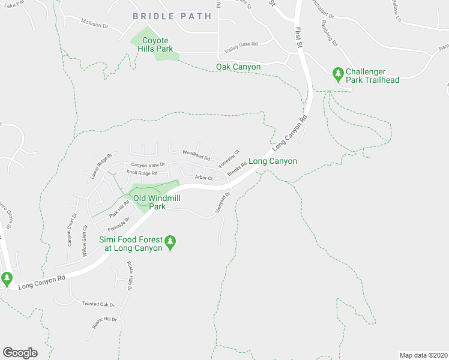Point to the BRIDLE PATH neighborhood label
(172, 16)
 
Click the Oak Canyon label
(238, 67)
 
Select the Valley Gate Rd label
(241, 44)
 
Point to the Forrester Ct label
(229, 159)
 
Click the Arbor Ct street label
(204, 178)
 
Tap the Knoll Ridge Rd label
(142, 173)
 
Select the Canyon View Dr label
(148, 164)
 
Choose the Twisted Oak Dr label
(98, 304)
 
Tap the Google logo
(20, 352)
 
